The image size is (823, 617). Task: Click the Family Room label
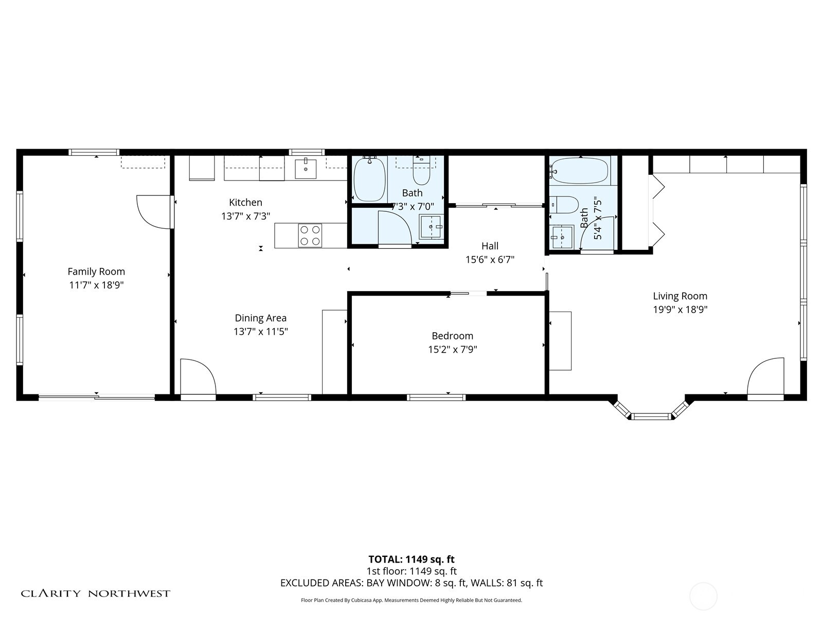click(x=96, y=271)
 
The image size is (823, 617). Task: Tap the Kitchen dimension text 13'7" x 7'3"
click(x=245, y=216)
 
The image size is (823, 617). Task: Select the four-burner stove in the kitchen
click(x=310, y=236)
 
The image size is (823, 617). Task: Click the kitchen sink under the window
click(x=306, y=169)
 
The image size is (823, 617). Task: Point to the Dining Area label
click(x=260, y=318)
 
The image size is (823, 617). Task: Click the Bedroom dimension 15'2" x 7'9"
click(x=452, y=350)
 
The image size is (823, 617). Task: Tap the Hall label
click(x=490, y=246)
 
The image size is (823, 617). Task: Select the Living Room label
click(x=679, y=296)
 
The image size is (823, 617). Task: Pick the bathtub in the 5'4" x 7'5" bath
click(x=580, y=171)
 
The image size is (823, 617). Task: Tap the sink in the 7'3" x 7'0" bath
click(x=431, y=227)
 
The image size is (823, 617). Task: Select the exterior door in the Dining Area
click(x=198, y=378)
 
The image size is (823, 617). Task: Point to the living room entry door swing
click(x=765, y=377)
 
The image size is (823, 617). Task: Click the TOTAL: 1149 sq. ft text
click(x=411, y=559)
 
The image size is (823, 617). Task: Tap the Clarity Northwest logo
click(x=95, y=594)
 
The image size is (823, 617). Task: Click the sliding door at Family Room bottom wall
click(x=97, y=396)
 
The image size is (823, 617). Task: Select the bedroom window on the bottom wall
click(x=436, y=397)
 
